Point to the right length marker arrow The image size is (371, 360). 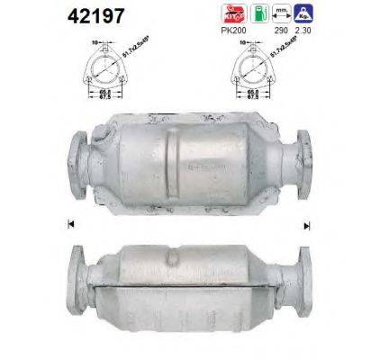point(306,223)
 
